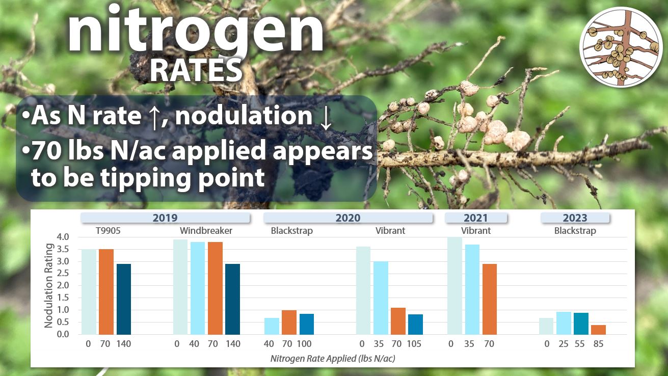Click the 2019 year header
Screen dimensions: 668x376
(165, 218)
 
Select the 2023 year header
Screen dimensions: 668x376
(575, 218)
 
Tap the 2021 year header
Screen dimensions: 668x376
(476, 218)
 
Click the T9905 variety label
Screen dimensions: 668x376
(108, 230)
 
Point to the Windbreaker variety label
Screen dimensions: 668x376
(206, 230)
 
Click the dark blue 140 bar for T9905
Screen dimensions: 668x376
(124, 299)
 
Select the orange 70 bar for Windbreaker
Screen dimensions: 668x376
(216, 288)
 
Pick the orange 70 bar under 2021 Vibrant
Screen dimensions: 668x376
(490, 299)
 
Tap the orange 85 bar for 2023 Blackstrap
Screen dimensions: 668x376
(599, 330)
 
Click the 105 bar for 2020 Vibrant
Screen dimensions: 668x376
(415, 325)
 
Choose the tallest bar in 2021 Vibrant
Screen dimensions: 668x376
(455, 286)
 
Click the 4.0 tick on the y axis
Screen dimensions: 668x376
(63, 237)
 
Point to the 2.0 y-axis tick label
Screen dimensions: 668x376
(63, 285)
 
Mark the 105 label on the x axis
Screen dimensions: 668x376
(414, 344)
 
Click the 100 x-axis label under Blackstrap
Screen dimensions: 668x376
(304, 344)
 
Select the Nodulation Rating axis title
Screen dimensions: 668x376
(48, 286)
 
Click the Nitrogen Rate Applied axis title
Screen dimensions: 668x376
(333, 358)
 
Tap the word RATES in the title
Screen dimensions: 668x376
(196, 70)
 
